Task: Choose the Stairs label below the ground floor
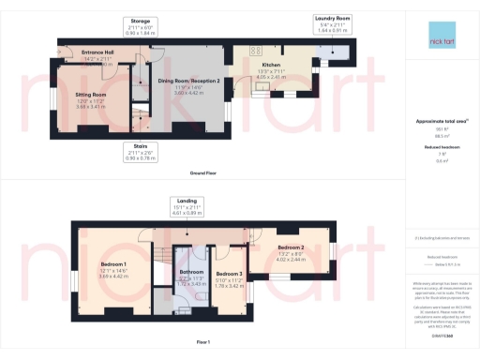click(140, 144)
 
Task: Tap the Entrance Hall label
click(97, 52)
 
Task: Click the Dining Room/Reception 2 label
click(193, 81)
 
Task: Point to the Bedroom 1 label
click(112, 264)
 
